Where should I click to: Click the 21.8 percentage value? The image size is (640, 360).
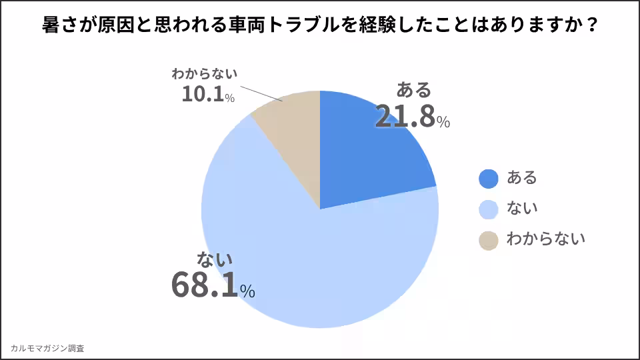click(405, 116)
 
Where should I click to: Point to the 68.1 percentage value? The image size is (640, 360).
click(205, 285)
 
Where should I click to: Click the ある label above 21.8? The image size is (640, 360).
click(414, 89)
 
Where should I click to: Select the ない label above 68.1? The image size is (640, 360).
click(215, 259)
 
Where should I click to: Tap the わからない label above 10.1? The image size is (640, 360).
click(205, 73)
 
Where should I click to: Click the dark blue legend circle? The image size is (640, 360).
click(489, 178)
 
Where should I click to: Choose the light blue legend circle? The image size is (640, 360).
click(489, 209)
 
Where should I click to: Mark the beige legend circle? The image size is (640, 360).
click(489, 240)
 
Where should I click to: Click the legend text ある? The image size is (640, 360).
click(522, 178)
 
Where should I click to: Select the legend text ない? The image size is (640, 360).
click(522, 209)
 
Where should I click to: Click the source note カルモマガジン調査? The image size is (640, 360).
click(47, 348)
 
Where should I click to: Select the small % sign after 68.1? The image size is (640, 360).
click(247, 291)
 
